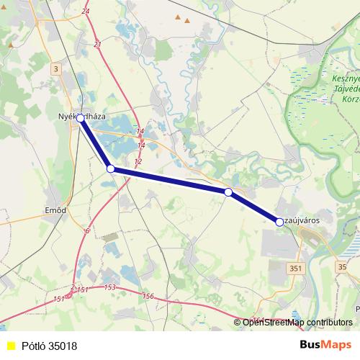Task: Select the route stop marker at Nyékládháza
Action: [81, 118]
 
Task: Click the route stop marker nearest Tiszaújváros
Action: [279, 222]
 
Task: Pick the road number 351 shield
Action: [295, 267]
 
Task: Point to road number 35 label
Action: [341, 266]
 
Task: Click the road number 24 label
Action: [86, 12]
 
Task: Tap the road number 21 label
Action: [98, 45]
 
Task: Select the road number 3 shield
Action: [55, 69]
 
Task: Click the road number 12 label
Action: [138, 161]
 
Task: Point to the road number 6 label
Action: [86, 230]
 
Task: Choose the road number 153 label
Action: [109, 287]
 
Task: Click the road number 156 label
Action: [149, 296]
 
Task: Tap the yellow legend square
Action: [10, 346]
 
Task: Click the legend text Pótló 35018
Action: [49, 346]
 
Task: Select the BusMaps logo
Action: [325, 345]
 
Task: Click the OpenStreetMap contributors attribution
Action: [297, 322]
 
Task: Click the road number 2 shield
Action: [72, 288]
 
